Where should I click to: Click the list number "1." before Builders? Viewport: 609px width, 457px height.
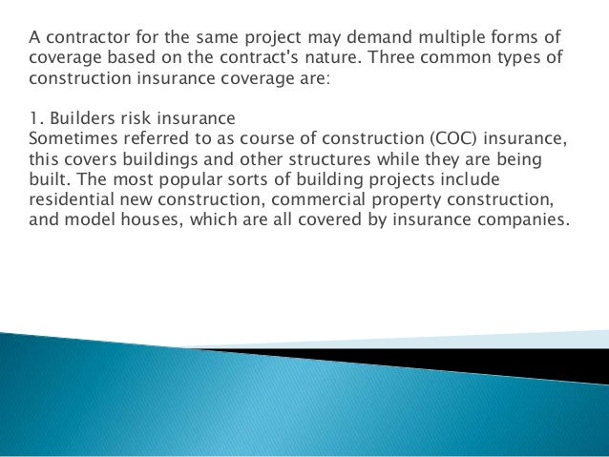(35, 118)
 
